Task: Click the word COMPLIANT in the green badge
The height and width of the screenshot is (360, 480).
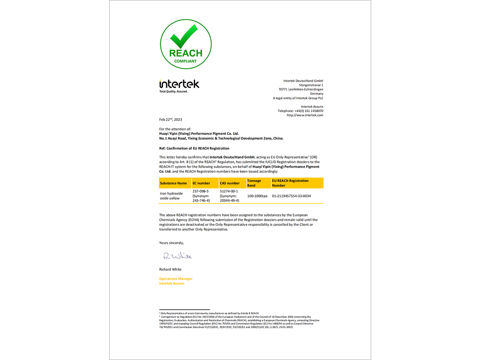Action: coord(186,61)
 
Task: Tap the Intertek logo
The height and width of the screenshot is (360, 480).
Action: coord(179,84)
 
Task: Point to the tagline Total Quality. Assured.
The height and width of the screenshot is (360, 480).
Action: coord(173,91)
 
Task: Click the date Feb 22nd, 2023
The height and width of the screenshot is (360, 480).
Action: coord(171,119)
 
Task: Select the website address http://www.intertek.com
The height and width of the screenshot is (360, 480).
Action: coord(305,115)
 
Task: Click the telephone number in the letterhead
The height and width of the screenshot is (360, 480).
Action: coord(300,111)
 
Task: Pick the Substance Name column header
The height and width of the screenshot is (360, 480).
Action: coord(173,183)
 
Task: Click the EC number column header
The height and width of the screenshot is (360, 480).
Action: coord(201,183)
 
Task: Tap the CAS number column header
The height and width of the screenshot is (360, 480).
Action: coord(230,183)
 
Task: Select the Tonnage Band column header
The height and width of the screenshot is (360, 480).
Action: coord(254,183)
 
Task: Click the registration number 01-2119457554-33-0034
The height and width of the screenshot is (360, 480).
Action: coord(291,196)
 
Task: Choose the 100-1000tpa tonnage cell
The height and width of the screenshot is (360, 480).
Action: coord(257,196)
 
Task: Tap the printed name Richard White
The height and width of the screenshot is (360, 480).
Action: coord(170,269)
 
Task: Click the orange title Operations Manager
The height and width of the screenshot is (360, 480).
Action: coord(176,278)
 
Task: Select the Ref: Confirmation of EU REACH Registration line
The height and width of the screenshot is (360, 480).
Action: coord(194,148)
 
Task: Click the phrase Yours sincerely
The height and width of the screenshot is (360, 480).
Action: coord(171,242)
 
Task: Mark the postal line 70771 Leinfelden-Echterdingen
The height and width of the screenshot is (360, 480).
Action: coord(301,89)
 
